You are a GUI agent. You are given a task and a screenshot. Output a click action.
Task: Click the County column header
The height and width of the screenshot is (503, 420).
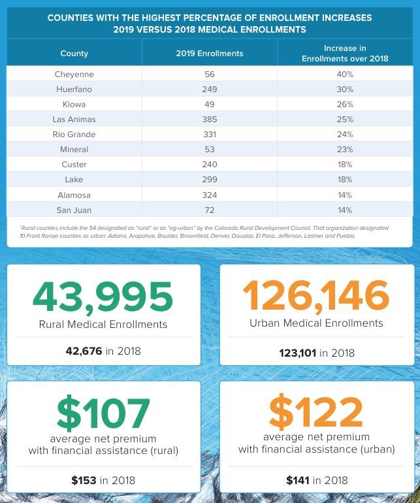pos(74,53)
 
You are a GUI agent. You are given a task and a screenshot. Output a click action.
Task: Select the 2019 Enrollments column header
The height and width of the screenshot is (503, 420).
pos(209,53)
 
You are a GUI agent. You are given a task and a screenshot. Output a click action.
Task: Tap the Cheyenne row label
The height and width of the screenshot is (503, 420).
pos(74,74)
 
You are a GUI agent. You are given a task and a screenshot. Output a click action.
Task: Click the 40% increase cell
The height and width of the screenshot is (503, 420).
pos(345,74)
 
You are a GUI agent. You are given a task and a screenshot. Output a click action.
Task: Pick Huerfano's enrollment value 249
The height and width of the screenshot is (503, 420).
pos(209,89)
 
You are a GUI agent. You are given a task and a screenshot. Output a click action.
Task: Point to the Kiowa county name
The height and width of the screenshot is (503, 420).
pos(74,105)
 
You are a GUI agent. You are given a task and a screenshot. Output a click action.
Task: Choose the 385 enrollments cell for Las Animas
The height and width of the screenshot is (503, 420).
pos(209,120)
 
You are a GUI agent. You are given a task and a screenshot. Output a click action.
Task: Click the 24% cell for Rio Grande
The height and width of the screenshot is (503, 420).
pos(345,135)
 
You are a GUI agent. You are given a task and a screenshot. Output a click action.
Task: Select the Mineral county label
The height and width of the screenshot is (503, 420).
pos(74,150)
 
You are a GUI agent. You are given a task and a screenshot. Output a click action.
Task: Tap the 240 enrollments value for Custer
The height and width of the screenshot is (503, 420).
pos(209,165)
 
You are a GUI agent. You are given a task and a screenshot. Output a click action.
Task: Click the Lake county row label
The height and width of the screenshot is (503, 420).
pos(74,180)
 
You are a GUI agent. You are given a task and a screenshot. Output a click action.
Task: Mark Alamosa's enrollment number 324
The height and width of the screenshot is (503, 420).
pos(209,195)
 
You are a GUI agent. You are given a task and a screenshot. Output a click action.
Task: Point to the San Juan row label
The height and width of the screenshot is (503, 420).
pos(74,210)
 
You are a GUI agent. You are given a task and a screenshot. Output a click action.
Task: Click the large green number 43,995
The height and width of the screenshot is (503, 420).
pos(103,297)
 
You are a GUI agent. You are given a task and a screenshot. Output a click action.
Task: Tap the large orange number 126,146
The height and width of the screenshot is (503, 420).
pos(316,296)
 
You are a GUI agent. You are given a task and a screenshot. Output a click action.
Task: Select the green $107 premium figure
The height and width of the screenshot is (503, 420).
pos(103,413)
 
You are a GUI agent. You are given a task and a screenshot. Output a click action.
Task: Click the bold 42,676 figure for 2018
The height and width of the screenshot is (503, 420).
pos(84,351)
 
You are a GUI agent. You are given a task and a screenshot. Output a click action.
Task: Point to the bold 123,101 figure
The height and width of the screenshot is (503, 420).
pos(297,353)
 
